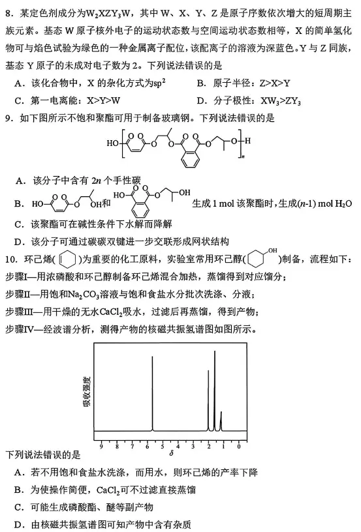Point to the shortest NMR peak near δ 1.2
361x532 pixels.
click(x=221, y=421)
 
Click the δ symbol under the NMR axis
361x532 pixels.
click(x=170, y=452)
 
